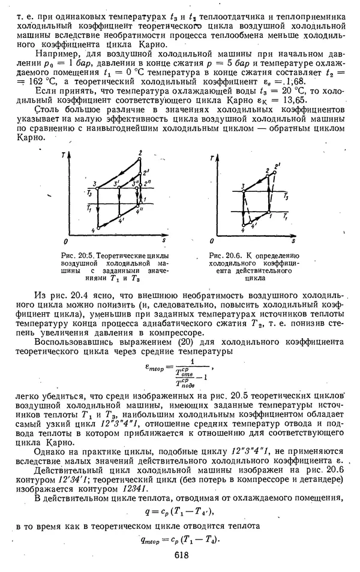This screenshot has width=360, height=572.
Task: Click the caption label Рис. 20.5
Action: click(77, 254)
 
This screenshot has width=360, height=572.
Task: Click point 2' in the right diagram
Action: click(277, 165)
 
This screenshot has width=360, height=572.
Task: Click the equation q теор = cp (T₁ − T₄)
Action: click(179, 538)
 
